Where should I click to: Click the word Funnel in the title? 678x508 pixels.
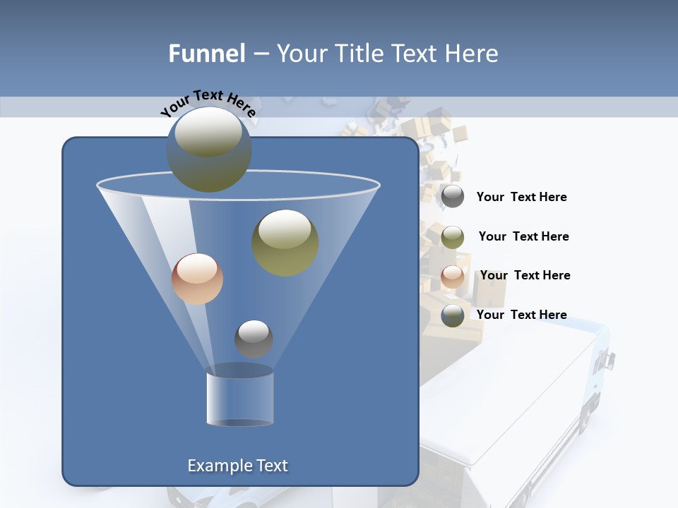point(206,54)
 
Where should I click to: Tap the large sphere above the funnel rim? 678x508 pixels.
point(209,149)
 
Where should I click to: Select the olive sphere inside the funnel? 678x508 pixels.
point(285,242)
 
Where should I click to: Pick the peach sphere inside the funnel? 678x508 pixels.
point(197,279)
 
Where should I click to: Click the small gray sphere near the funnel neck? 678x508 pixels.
point(254,339)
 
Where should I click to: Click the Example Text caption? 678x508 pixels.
point(237,466)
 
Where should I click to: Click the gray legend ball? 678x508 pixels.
point(452,197)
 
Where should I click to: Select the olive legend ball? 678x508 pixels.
point(452,236)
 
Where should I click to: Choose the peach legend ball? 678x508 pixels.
point(452,276)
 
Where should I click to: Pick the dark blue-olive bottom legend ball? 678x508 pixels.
point(452,315)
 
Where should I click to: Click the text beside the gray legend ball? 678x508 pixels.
point(521,198)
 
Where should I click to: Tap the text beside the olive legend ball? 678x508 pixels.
point(523,237)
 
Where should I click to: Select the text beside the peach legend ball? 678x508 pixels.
point(525,276)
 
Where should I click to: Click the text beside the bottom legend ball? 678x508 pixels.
point(521,315)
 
